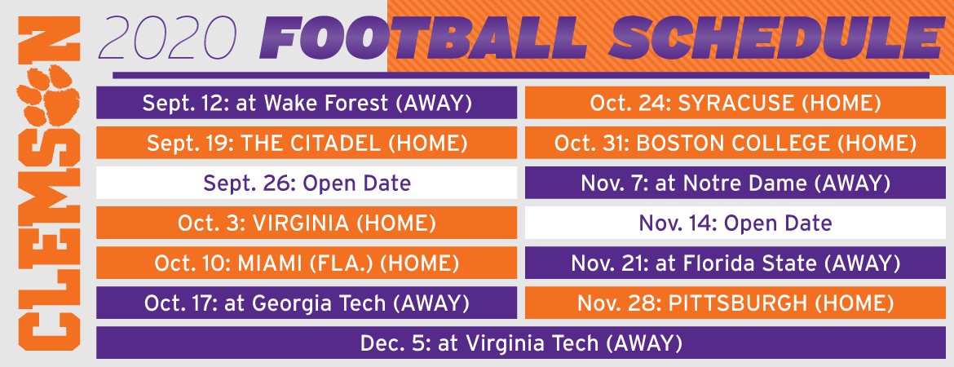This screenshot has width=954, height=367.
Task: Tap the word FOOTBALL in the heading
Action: (x=423, y=38)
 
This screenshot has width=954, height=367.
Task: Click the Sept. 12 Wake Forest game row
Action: (x=307, y=103)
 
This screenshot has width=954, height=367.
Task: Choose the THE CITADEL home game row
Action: (x=307, y=143)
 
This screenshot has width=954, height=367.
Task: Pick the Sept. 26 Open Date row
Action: (x=307, y=183)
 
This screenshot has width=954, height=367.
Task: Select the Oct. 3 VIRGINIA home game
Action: (x=307, y=223)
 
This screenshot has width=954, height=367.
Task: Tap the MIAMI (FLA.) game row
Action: (x=307, y=263)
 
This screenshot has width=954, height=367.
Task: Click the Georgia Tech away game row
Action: (x=307, y=303)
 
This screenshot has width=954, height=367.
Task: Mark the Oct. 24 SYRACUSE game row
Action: (x=735, y=103)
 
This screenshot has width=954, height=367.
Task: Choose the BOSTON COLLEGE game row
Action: (x=735, y=143)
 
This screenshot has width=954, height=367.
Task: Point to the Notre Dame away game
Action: (x=735, y=183)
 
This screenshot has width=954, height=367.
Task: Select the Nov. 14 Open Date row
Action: (x=735, y=223)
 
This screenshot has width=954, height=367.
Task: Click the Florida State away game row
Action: (x=735, y=263)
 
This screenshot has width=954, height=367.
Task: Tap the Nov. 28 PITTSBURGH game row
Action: (x=735, y=303)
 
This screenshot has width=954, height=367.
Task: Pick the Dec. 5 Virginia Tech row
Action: (x=521, y=343)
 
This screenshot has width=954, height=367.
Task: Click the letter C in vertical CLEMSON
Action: (x=48, y=329)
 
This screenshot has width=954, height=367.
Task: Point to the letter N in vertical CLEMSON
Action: (x=48, y=39)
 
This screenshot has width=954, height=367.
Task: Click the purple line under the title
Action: (x=521, y=76)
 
